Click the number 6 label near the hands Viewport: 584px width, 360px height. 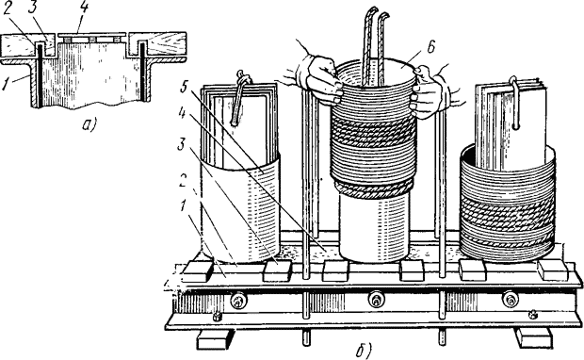pos(430,48)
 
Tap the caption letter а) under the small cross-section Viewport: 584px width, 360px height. pos(89,123)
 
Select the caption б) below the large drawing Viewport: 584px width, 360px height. pos(364,350)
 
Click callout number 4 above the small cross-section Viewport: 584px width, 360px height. pos(84,8)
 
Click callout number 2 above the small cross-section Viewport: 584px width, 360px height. pos(8,9)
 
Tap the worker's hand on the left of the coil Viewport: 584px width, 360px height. pos(316,76)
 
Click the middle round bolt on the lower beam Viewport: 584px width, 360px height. pos(375,300)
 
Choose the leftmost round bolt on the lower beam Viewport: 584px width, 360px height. pos(237,301)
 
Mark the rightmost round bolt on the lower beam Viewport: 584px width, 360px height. pos(510,300)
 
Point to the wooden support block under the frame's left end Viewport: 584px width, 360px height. pos(212,339)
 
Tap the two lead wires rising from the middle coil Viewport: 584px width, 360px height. pos(375,44)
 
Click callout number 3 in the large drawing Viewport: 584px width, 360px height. pos(182,144)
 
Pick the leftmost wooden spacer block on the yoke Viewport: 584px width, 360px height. pos(198,271)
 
